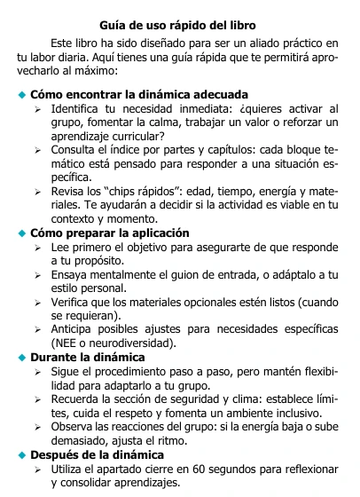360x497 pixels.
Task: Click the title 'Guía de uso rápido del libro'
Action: click(179, 25)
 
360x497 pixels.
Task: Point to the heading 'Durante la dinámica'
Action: click(88, 358)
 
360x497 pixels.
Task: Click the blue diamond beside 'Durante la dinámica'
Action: click(22, 359)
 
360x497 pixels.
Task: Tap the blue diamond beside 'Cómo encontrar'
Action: click(22, 95)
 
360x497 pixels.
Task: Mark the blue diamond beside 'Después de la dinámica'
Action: click(22, 455)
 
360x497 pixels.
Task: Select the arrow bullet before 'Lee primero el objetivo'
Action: click(37, 249)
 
